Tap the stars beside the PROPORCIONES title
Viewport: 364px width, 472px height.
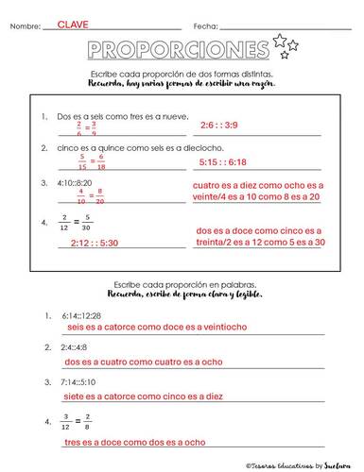coord(286,43)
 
